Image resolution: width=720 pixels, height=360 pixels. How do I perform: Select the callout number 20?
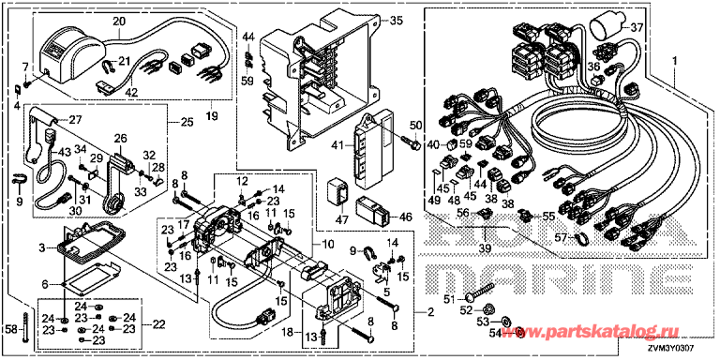pyautogui.click(x=119, y=21)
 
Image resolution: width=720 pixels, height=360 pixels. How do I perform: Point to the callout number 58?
pyautogui.click(x=10, y=330)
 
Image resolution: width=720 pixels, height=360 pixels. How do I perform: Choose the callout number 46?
pyautogui.click(x=405, y=216)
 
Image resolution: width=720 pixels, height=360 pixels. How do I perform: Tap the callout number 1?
pyautogui.click(x=673, y=59)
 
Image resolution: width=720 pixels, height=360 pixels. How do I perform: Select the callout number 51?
pyautogui.click(x=447, y=299)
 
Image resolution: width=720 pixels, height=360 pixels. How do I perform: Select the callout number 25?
pyautogui.click(x=186, y=123)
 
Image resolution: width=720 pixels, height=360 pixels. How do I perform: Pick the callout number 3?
pyautogui.click(x=41, y=247)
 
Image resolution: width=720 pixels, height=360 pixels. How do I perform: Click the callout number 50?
pyautogui.click(x=416, y=126)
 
